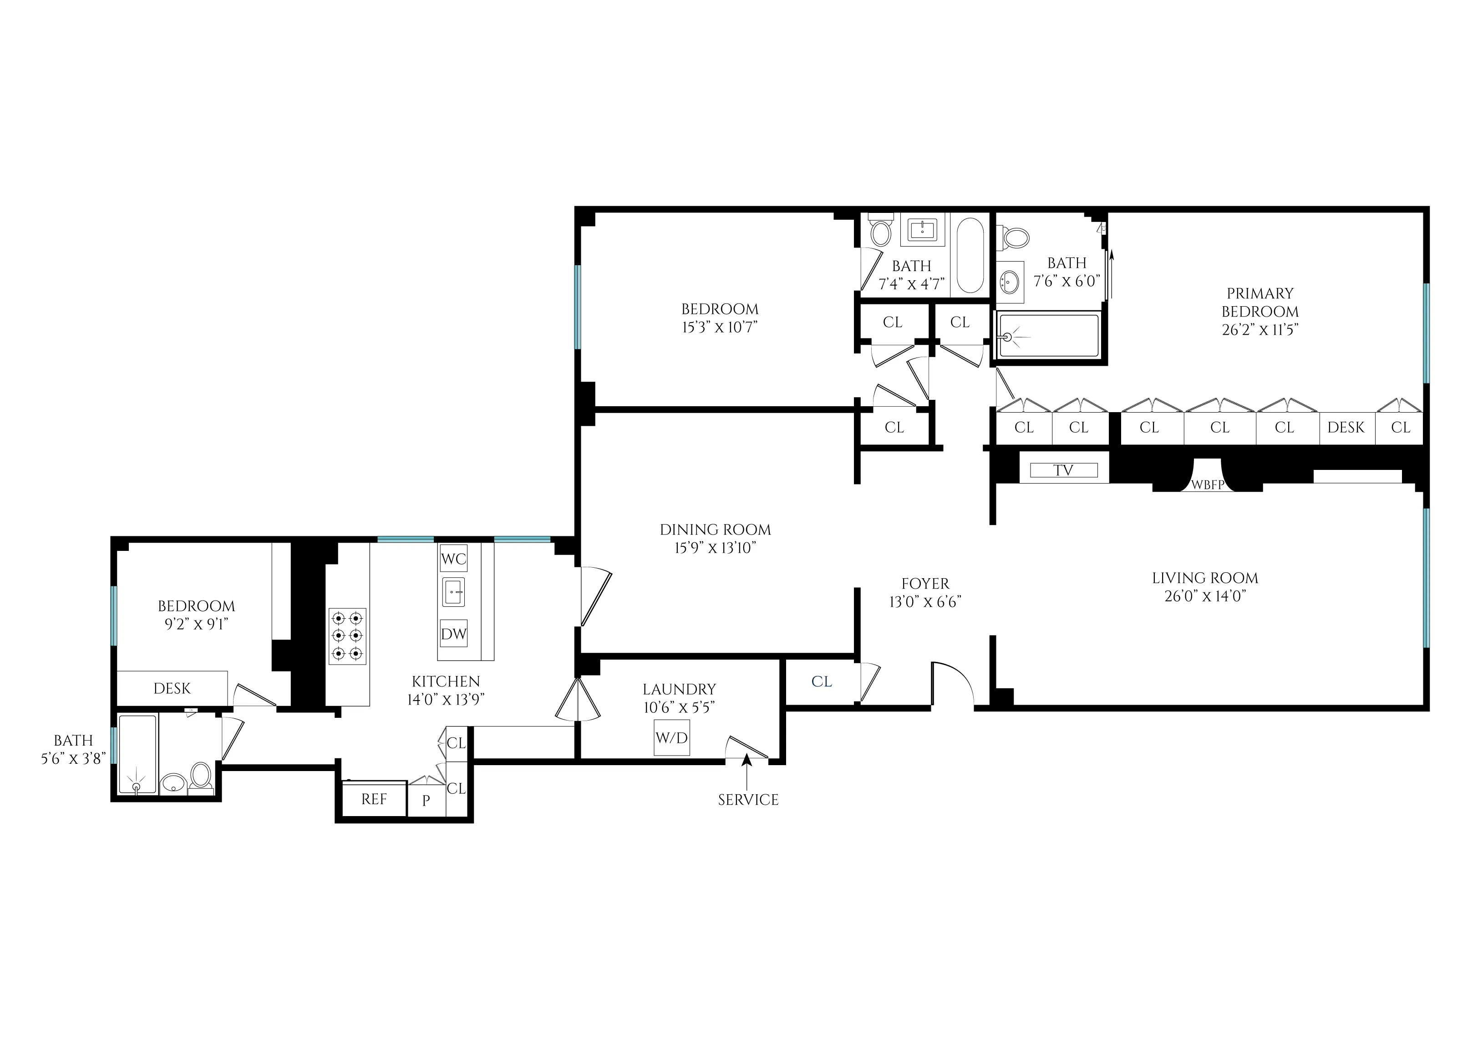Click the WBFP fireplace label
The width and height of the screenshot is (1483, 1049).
click(x=1207, y=484)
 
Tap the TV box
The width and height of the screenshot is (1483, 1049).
click(x=1063, y=470)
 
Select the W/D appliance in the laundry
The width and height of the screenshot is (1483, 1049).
click(x=671, y=738)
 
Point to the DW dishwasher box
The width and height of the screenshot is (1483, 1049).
click(x=454, y=634)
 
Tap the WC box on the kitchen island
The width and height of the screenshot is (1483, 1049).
click(x=454, y=559)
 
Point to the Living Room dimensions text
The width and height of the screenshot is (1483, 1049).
click(x=1204, y=596)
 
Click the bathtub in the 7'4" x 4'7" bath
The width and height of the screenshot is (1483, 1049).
click(x=970, y=256)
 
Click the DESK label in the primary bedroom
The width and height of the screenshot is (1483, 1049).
click(x=1346, y=428)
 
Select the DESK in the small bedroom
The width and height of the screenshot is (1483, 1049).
click(x=172, y=689)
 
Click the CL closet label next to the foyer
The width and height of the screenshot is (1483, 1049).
click(x=821, y=681)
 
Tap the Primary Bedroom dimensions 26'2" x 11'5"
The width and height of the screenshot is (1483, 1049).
click(x=1260, y=330)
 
